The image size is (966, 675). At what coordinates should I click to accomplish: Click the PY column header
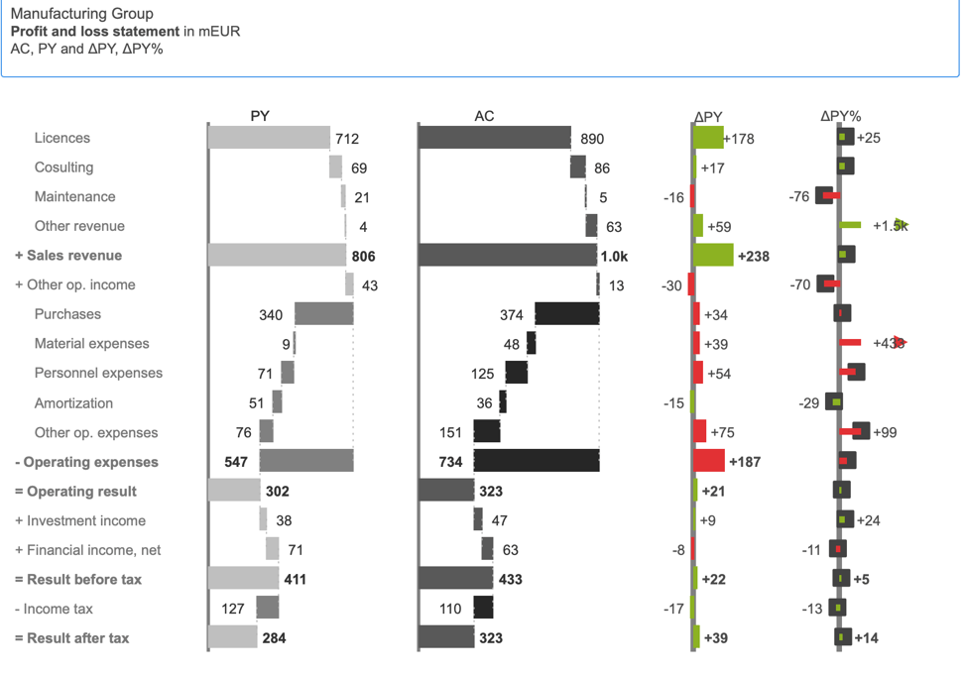[x=260, y=116]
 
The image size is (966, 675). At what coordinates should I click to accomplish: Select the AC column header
[x=484, y=116]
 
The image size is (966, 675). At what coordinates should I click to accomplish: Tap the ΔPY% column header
[x=840, y=116]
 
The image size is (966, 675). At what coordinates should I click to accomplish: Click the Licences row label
[x=62, y=138]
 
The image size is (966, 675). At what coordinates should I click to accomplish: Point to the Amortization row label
[x=73, y=403]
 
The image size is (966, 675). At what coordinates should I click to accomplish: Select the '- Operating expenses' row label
[x=86, y=462]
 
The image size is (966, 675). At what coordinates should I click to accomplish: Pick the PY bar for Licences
[x=269, y=138]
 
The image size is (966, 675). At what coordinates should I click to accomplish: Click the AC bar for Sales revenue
[x=508, y=256]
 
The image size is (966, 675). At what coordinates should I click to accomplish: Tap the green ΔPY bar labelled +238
[x=713, y=256]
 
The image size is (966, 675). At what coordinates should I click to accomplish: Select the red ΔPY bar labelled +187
[x=709, y=462]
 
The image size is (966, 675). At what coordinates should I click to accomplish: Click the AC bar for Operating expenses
[x=537, y=462]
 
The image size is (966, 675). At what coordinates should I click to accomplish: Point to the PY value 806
[x=363, y=256]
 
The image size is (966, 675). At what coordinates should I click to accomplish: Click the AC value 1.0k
[x=614, y=256]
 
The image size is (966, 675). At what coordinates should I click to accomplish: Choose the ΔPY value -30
[x=671, y=285]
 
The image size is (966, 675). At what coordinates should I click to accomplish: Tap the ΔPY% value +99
[x=885, y=432]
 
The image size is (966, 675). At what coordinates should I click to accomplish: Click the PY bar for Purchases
[x=323, y=315]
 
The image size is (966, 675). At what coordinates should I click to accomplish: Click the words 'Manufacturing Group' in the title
[x=81, y=14]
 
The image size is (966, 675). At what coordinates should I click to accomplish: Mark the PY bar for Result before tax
[x=243, y=579]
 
